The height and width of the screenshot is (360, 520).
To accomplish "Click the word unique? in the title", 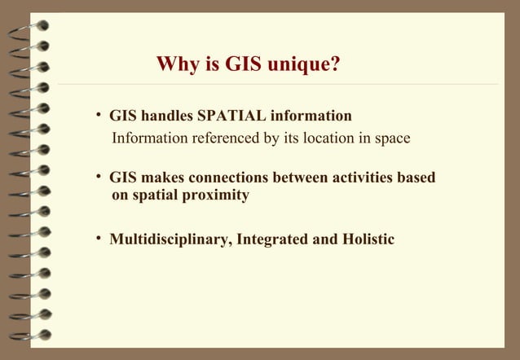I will [x=302, y=64].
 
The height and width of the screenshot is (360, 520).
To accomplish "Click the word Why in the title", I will [x=174, y=64].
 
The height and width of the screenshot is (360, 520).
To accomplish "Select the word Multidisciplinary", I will [x=169, y=239].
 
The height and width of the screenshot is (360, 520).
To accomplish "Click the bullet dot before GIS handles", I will [x=98, y=115].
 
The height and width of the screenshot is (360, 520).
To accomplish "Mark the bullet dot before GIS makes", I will [x=98, y=177].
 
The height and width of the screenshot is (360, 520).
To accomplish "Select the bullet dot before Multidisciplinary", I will [x=98, y=239].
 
